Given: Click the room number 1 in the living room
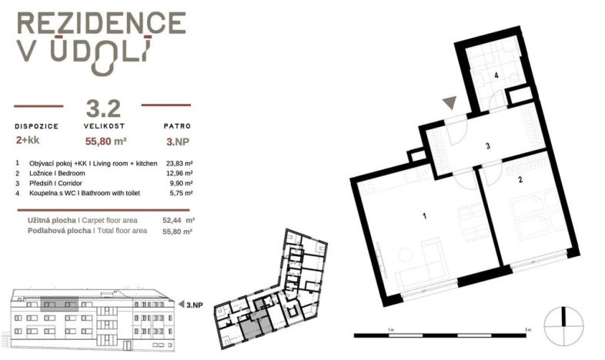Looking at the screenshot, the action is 424,216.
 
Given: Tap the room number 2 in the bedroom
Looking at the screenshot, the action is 520,179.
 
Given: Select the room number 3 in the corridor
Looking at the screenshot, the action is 488,146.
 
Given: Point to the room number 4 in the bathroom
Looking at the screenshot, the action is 496,75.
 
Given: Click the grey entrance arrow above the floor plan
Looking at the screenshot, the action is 450,102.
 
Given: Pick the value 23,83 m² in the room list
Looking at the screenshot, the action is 179,163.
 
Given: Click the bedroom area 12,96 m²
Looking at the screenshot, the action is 179,173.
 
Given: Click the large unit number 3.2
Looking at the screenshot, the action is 103,108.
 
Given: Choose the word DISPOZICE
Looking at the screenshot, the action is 37,126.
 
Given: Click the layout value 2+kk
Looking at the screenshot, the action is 28,140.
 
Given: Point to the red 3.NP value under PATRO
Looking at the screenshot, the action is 178,142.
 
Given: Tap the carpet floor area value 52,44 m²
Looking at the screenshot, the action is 179,221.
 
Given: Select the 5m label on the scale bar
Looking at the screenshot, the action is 528,329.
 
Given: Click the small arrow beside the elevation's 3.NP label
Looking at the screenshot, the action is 181,305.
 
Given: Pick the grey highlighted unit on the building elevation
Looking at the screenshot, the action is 59,304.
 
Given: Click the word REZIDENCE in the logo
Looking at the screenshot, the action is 102,23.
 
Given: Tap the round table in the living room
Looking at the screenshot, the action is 406,255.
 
